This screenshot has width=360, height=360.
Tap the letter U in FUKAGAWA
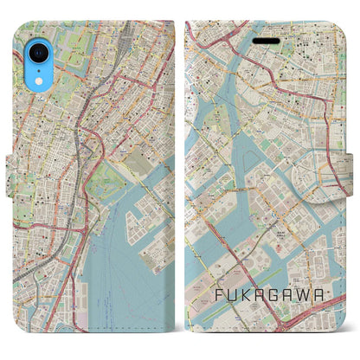click(x=232, y=294)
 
